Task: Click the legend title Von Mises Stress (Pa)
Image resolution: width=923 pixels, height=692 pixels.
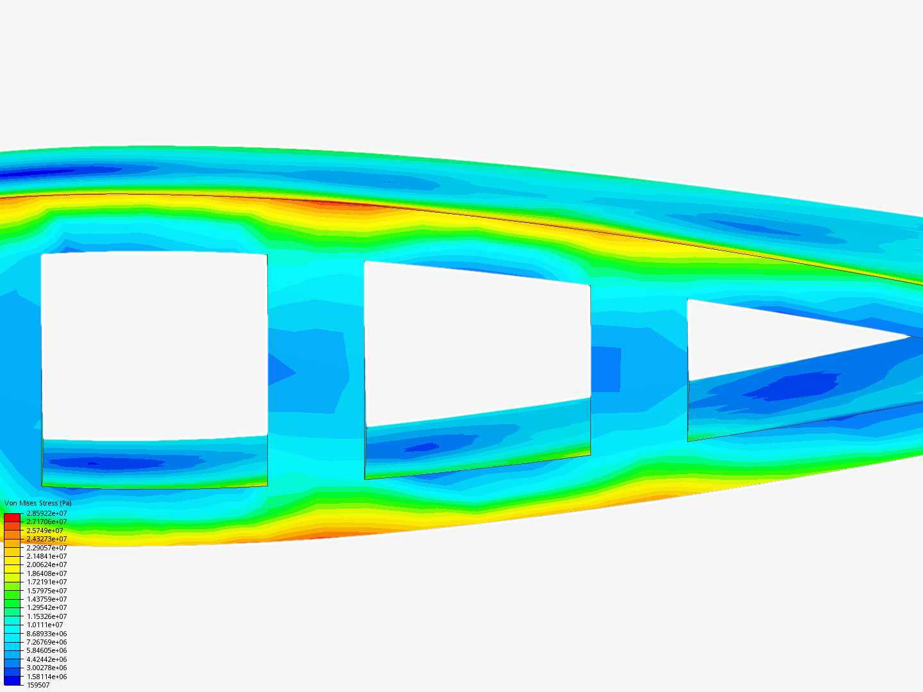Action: [38, 503]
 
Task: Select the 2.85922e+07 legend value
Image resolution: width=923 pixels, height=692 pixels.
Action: [47, 513]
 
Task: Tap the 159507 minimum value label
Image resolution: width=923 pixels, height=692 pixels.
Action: [38, 685]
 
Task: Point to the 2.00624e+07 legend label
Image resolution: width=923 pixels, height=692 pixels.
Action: [47, 564]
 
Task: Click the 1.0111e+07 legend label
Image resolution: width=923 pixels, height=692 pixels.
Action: [45, 625]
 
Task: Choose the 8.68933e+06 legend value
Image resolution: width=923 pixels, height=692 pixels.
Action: [47, 634]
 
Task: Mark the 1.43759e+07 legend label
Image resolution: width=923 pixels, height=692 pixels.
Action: [47, 599]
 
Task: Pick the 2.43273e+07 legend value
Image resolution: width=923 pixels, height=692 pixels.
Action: [47, 539]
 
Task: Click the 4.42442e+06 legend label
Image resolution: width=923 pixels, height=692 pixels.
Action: [47, 659]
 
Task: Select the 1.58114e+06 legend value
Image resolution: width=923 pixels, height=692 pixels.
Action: [47, 677]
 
